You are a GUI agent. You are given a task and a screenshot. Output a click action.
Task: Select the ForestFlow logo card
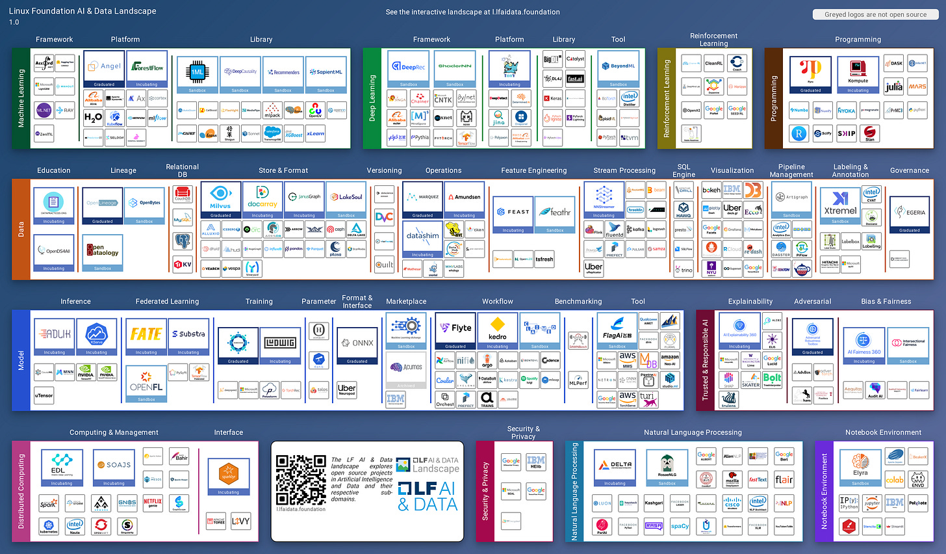147,68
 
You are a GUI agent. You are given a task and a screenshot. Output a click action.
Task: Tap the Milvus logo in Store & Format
220,199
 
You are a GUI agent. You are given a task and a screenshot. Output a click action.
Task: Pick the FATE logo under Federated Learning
146,336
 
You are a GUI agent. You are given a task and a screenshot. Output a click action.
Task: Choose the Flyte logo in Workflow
455,330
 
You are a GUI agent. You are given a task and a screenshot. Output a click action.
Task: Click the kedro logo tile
497,330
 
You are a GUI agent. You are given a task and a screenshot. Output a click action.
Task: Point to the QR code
300,479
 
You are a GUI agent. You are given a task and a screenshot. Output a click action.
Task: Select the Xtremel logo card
840,205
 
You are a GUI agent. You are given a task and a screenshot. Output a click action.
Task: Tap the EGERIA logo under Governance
910,213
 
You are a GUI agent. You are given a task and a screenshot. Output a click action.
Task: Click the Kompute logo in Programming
858,73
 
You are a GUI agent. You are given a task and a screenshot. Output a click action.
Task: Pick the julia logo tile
894,86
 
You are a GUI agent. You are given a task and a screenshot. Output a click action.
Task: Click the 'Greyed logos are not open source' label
875,14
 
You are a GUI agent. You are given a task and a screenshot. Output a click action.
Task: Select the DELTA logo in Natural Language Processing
615,467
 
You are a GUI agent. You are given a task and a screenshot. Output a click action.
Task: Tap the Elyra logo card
860,466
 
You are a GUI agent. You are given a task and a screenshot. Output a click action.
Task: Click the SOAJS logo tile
114,466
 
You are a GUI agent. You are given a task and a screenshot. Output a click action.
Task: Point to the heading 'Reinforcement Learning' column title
713,40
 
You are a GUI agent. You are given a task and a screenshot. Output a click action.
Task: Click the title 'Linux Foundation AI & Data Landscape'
83,11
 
